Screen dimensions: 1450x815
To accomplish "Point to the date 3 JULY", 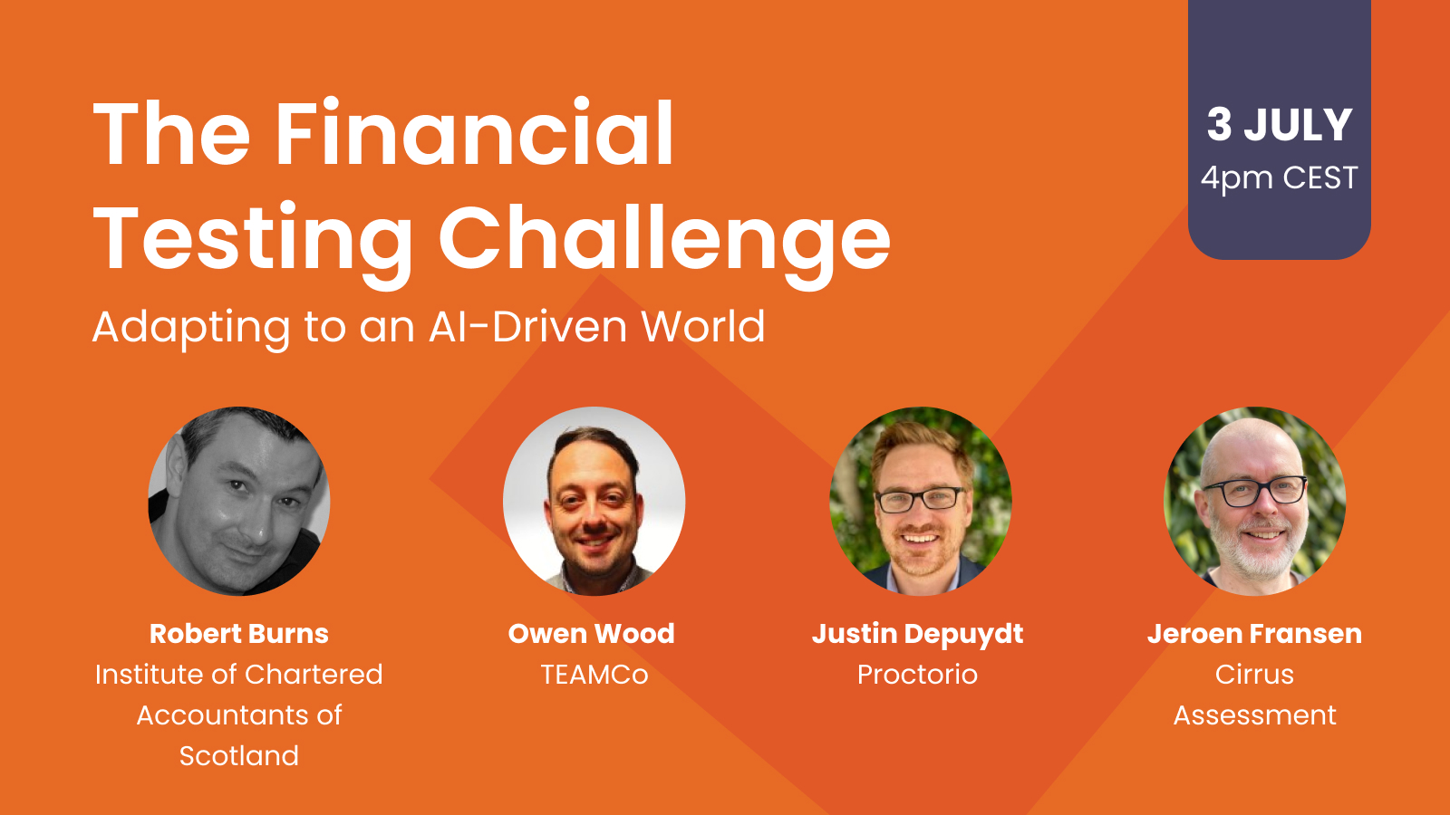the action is [x=1279, y=124].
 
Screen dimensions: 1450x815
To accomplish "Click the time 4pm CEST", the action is [x=1279, y=177].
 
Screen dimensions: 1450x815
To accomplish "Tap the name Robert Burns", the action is [x=239, y=634].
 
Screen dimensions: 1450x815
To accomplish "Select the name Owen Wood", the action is [x=592, y=634].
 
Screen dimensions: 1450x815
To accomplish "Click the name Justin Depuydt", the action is [x=918, y=635].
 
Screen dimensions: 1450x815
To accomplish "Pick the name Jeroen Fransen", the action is [x=1254, y=634].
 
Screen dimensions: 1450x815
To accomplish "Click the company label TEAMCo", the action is [x=594, y=675].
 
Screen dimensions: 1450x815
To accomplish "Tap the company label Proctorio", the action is [x=917, y=675].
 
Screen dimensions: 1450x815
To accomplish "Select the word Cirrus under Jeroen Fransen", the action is [x=1254, y=675].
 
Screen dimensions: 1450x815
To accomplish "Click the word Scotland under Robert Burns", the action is [x=239, y=756].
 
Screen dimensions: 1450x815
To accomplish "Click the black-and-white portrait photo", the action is [x=239, y=501].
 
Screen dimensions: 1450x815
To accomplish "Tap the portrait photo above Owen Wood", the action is [x=594, y=501].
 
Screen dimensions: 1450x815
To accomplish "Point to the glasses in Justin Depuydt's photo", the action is [x=920, y=499].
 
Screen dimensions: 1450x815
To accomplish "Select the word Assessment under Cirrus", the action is [x=1254, y=715].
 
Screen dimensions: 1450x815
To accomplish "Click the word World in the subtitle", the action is [x=703, y=326].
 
